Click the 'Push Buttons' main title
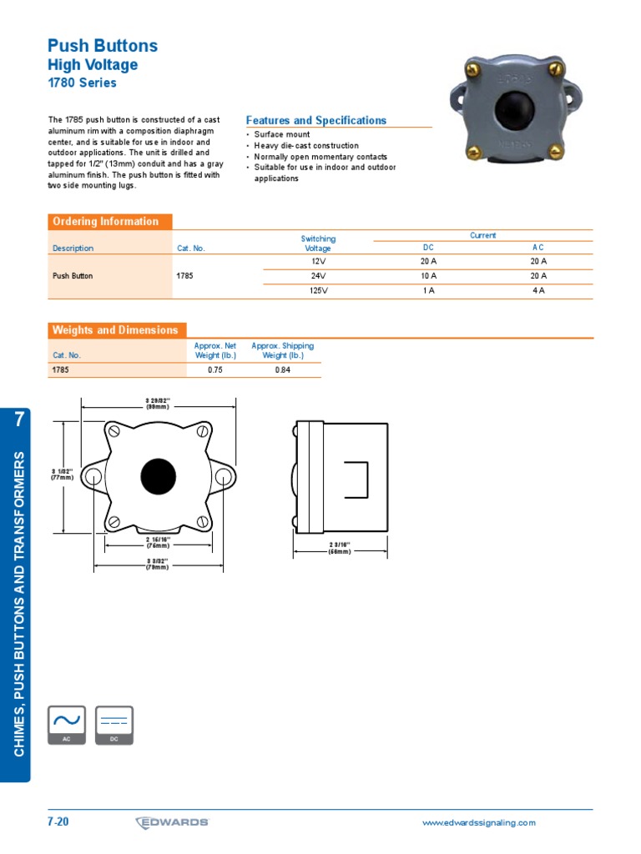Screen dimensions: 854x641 103,46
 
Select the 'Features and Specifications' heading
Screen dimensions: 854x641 316,121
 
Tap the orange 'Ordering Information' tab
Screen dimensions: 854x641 106,222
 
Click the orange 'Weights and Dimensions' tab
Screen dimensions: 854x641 115,330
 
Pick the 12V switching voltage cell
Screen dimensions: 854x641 318,261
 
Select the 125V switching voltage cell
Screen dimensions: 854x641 318,290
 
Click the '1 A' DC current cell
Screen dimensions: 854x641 428,290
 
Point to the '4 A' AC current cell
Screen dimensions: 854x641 538,290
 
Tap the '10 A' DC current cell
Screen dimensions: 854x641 428,275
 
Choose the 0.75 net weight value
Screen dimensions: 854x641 215,369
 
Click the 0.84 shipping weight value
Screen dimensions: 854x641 282,369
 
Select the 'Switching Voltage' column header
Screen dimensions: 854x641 318,244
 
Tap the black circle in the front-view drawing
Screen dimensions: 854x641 158,476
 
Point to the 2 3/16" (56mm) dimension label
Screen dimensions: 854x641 340,548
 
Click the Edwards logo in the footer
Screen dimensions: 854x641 172,822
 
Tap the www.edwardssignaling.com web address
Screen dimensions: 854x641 479,823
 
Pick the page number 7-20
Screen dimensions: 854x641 58,822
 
